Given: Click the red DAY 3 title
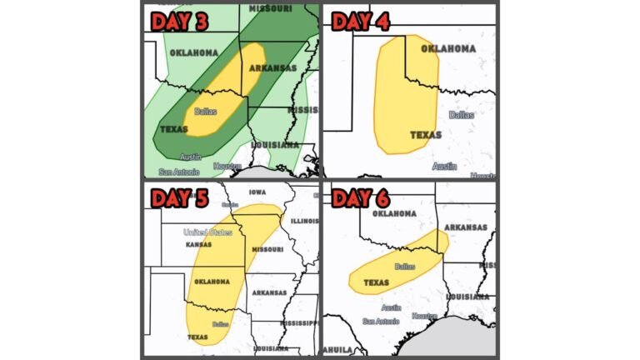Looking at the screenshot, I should (x=179, y=22).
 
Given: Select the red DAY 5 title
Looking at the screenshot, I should (x=179, y=198).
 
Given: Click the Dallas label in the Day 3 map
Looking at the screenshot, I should (x=205, y=111).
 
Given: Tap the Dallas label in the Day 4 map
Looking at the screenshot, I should (x=461, y=115).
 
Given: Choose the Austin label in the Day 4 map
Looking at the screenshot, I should (x=444, y=166).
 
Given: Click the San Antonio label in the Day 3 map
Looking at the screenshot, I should (x=179, y=172).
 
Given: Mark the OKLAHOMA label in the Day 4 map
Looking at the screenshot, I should (x=448, y=48).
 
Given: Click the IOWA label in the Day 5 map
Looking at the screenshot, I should (x=255, y=192).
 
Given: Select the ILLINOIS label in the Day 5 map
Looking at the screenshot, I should (x=305, y=221).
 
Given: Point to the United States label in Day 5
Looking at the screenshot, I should (x=207, y=232).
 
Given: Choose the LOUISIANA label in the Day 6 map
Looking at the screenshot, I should (x=467, y=297).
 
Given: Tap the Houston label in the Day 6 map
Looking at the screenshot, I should (x=424, y=316).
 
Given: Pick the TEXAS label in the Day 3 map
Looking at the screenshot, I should (x=174, y=129).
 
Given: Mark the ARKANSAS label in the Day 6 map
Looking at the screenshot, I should (x=466, y=227).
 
